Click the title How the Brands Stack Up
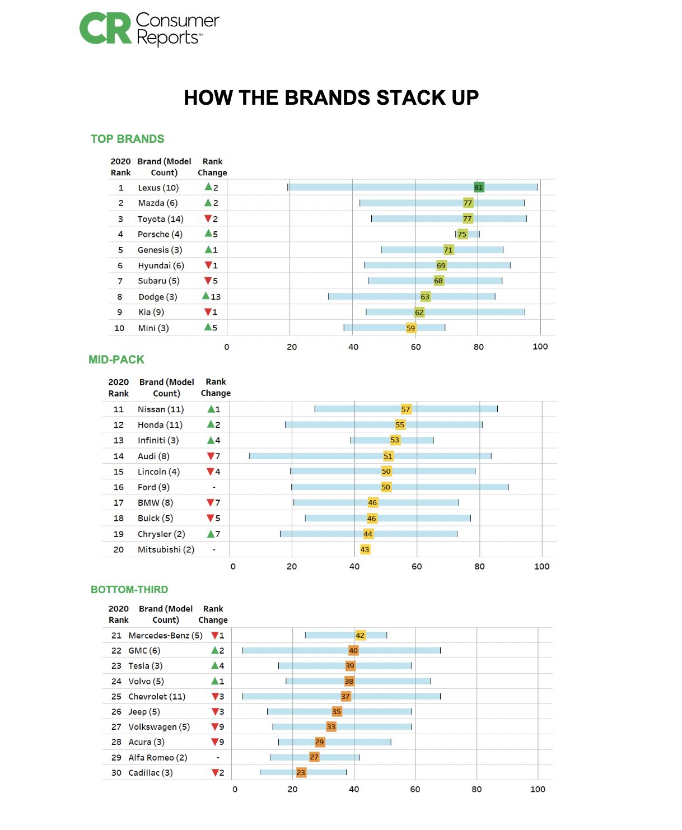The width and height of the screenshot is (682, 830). pos(331,97)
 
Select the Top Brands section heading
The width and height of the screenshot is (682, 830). pos(128,139)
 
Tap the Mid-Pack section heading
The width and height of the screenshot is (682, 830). pos(116,360)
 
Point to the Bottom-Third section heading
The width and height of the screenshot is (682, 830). pos(129,589)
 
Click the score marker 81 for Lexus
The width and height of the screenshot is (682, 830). pos(479,187)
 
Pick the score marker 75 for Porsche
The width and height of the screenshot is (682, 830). pos(462,234)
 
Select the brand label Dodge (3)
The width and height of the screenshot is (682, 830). pos(158,297)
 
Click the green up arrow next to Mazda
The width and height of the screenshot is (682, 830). pos(208,203)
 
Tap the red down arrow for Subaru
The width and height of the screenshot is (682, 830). pos(208,281)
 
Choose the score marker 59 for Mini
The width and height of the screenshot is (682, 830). pos(411,328)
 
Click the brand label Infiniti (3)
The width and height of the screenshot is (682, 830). pos(158,440)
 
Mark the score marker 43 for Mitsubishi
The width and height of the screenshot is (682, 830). pos(365,549)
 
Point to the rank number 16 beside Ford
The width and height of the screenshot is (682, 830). pos(119,487)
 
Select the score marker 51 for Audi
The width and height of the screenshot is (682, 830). pos(388,456)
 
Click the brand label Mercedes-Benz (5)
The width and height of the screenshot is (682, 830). pos(165,635)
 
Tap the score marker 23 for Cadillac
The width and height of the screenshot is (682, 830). pos(301,772)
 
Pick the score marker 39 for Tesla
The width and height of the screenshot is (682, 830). pos(350,665)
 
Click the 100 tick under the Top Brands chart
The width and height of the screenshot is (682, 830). pos(540,347)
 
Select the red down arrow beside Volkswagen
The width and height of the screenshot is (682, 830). pos(214,727)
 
